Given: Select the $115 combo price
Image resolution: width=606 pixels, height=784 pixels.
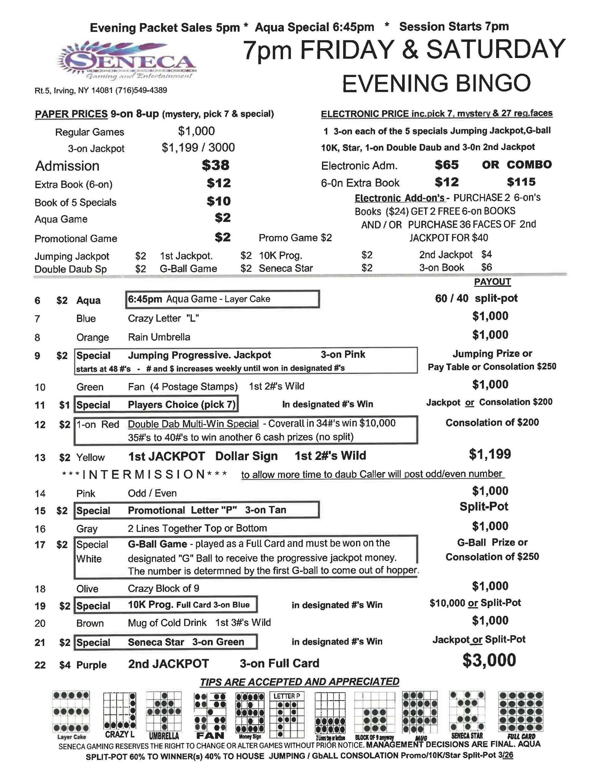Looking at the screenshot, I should [x=521, y=182].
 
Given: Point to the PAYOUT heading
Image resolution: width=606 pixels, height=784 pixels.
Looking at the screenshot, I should [x=492, y=282].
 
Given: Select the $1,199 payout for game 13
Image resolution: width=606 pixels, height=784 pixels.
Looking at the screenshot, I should [x=490, y=454].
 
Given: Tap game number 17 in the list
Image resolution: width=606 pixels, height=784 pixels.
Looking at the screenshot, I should [x=40, y=545].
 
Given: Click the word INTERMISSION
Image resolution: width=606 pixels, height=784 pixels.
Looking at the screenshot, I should [x=144, y=475].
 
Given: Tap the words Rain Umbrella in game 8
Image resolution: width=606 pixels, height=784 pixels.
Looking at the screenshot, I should [x=159, y=337].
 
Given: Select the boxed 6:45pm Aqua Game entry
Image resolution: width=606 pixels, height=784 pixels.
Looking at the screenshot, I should [x=222, y=299].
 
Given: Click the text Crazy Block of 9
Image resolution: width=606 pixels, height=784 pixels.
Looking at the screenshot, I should [x=163, y=589].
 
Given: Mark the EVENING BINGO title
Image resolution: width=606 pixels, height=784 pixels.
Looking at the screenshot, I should [x=436, y=83].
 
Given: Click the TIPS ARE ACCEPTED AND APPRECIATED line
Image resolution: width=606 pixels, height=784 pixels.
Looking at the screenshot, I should [x=299, y=682].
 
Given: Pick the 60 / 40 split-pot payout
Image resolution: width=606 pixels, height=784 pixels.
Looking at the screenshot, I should [x=476, y=298].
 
